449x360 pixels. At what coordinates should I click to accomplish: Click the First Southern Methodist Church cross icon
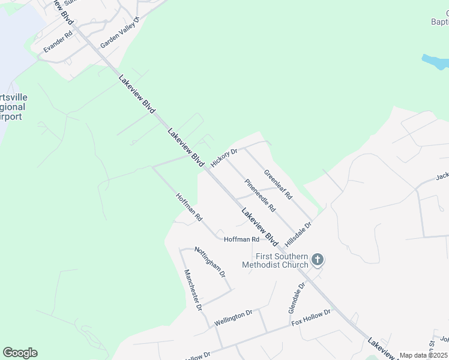coord(318,260)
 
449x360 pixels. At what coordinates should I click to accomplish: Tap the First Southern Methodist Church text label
coord(275,260)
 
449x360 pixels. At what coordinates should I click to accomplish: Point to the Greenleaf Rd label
coord(278,185)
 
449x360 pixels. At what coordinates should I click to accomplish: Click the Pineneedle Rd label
coord(259,195)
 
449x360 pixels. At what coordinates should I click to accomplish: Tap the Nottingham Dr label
coord(210,262)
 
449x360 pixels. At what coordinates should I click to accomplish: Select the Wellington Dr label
coord(233,317)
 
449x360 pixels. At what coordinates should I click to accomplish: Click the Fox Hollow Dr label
coord(311,317)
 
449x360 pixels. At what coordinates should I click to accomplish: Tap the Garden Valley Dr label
coord(119,33)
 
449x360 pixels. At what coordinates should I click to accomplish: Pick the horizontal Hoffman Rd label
coord(241,239)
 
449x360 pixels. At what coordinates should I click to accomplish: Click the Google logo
coord(20,353)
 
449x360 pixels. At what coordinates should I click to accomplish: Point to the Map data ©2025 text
coord(424,356)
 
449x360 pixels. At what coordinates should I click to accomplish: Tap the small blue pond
coord(435,62)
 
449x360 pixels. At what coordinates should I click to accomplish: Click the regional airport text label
coord(13,107)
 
